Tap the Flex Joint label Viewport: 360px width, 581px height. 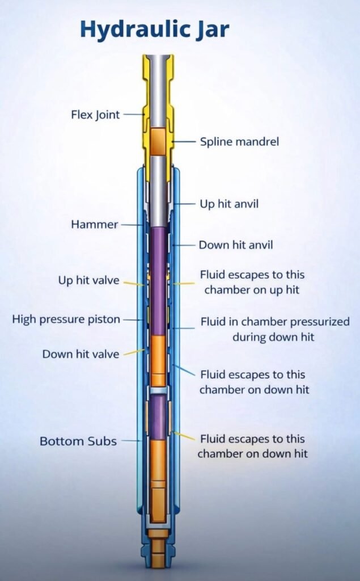point(95,115)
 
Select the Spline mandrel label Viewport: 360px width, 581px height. point(239,141)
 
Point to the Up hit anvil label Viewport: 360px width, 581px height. point(228,203)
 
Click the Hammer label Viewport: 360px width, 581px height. point(94,225)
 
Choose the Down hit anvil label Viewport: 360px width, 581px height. point(236,245)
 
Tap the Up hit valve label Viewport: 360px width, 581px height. point(88,280)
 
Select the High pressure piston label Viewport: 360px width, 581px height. point(66,319)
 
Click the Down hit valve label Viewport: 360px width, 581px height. point(81,354)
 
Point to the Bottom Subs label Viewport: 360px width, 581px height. point(78,441)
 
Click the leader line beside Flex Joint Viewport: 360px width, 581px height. point(134,115)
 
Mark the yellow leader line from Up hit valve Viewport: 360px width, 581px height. point(134,283)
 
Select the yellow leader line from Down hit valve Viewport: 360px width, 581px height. point(134,352)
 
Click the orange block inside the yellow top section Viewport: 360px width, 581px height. point(159,142)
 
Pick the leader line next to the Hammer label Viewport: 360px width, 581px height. point(131,225)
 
